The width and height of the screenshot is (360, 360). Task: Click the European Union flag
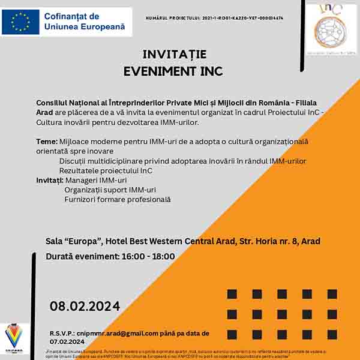(20, 22)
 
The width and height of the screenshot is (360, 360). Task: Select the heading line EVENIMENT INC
(173, 71)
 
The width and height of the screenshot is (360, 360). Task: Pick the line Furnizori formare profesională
(118, 199)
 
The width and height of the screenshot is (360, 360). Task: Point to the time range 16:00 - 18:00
(148, 257)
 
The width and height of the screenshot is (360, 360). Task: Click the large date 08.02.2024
(85, 305)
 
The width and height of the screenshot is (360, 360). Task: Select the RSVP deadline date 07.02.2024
(67, 341)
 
